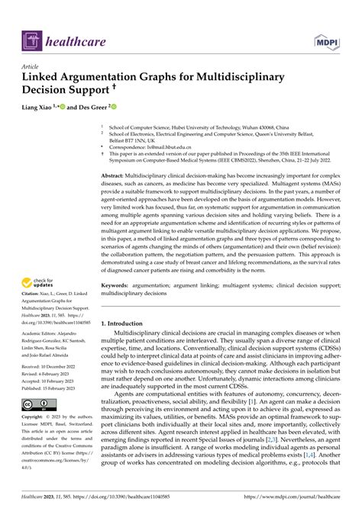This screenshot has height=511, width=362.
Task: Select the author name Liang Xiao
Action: (40, 108)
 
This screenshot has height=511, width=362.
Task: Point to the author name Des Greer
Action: (90, 108)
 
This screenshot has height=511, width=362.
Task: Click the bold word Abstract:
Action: (116, 175)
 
